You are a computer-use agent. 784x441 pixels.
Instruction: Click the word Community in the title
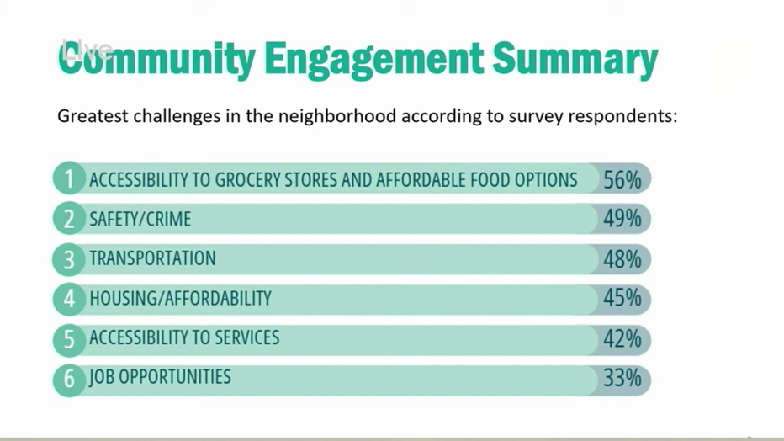click(x=157, y=59)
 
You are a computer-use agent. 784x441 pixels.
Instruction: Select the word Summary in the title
click(x=575, y=60)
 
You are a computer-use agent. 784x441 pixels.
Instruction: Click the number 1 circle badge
click(x=69, y=178)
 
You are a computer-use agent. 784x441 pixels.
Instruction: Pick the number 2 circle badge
click(x=69, y=218)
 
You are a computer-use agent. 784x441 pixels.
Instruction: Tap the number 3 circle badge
click(x=69, y=259)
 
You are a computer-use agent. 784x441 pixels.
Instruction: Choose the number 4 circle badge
click(x=69, y=299)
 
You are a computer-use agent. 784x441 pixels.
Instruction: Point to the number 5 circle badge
click(x=69, y=340)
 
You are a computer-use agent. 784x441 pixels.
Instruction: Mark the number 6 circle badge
click(x=69, y=380)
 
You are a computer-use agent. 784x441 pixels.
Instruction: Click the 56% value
click(x=622, y=180)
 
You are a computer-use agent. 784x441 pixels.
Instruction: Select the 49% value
click(x=622, y=219)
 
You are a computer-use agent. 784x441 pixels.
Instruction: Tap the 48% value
click(x=622, y=259)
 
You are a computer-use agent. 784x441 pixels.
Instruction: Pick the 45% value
click(x=622, y=298)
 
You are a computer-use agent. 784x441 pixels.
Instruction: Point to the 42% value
click(x=622, y=339)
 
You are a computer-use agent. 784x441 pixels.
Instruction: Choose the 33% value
click(x=622, y=378)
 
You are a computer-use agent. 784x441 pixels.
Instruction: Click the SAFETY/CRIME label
click(x=140, y=219)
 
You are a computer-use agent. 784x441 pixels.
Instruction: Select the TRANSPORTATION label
click(x=152, y=258)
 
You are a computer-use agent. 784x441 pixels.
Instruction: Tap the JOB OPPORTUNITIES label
click(x=160, y=377)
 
